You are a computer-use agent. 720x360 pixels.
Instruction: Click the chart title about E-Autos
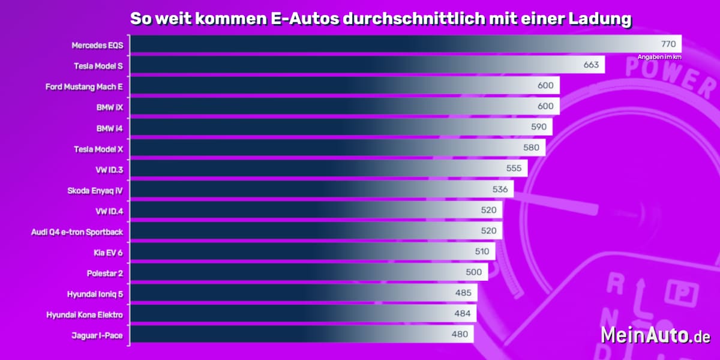381,19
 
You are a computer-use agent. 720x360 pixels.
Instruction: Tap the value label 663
591,65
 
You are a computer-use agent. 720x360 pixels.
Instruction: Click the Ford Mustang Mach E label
84,86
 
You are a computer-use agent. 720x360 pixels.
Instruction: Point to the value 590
538,127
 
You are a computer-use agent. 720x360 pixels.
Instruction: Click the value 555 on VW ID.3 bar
514,169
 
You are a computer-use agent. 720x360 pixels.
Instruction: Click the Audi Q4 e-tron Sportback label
77,231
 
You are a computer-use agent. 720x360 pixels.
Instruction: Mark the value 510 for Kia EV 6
482,252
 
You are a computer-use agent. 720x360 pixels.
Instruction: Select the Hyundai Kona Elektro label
85,314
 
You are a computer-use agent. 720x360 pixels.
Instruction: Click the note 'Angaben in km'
659,57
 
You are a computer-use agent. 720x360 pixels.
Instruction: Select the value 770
668,44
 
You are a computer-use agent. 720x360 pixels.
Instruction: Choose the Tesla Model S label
98,65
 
